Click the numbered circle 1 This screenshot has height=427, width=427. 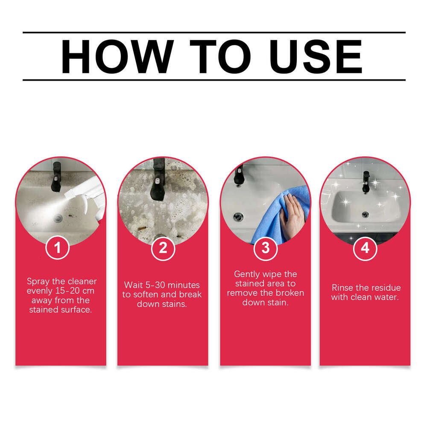coord(57,247)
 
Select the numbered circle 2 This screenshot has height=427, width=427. coord(163,248)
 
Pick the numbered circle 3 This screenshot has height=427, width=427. coord(266,248)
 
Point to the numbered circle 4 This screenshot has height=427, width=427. coord(365,248)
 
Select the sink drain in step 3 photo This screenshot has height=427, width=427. coord(237,216)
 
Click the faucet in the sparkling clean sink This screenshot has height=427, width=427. coord(366,182)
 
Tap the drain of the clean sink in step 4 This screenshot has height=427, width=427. coord(365,214)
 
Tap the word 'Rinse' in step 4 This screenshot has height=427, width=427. coord(342,287)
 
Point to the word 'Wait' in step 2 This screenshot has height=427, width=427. coord(133,285)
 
